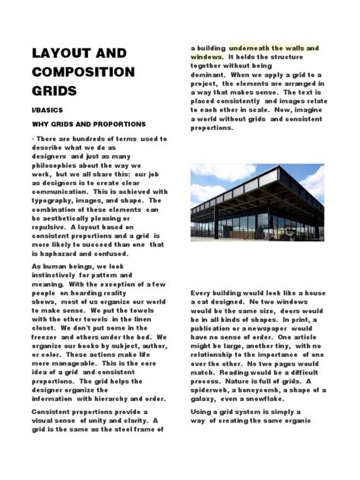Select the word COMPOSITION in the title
point(83,73)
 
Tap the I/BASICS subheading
point(49,110)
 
